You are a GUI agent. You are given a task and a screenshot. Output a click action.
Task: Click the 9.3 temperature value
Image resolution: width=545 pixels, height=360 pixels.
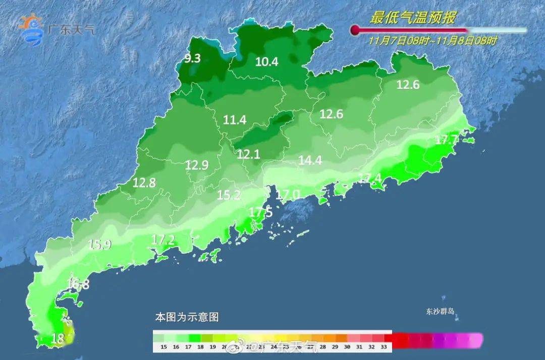(192, 59)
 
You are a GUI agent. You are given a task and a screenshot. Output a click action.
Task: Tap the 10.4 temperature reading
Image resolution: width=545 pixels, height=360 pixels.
(267, 62)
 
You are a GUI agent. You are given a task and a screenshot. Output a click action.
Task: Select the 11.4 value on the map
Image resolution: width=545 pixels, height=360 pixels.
(235, 120)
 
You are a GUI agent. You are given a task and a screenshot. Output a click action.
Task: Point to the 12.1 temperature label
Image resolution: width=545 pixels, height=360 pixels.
(248, 155)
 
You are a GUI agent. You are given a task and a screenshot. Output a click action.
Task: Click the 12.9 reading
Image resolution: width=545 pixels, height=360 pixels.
(196, 165)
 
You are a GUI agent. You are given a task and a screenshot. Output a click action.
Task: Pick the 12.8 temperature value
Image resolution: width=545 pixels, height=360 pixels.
(144, 183)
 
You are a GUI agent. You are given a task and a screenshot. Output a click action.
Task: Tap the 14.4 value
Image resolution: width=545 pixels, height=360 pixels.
(310, 161)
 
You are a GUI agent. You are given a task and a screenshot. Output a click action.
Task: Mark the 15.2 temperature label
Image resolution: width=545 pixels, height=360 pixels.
(229, 195)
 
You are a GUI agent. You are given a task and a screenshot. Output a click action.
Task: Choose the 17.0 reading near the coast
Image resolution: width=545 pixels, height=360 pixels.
(289, 194)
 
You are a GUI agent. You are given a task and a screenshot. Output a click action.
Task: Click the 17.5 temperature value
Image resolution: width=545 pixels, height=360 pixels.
(261, 213)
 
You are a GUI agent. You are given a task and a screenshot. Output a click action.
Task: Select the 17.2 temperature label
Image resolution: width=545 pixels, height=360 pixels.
(163, 240)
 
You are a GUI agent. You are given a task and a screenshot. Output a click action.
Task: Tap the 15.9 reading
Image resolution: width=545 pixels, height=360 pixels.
(100, 245)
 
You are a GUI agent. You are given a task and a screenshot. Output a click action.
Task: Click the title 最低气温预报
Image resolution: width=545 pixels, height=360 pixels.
(413, 19)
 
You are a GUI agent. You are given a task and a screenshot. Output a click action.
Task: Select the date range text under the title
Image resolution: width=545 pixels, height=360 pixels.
(432, 41)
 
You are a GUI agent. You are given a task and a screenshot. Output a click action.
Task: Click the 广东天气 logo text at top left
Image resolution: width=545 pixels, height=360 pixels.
(70, 30)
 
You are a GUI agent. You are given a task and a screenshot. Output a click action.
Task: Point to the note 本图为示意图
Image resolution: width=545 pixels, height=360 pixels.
(187, 318)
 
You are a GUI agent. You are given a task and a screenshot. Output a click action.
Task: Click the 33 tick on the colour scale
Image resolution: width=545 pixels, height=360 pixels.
(384, 347)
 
